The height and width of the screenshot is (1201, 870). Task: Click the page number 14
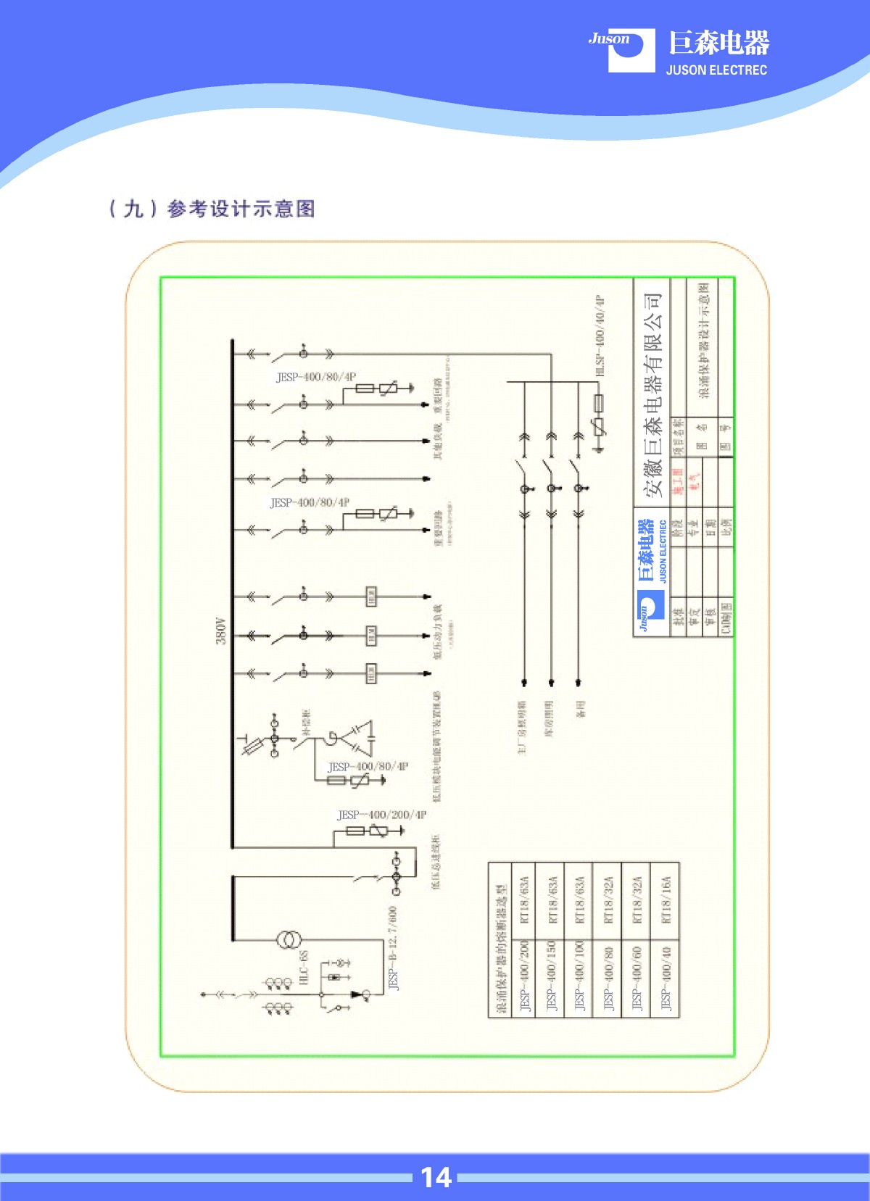436,1177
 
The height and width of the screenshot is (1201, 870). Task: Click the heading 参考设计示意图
241,209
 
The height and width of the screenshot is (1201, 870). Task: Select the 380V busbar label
221,631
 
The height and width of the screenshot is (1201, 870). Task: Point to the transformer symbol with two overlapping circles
288,940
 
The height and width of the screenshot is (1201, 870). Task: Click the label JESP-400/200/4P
382,815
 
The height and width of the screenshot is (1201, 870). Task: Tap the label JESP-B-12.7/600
393,947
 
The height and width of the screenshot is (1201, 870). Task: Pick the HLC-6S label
304,967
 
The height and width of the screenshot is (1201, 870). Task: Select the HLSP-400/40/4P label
600,335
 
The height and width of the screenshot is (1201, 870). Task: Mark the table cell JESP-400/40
666,978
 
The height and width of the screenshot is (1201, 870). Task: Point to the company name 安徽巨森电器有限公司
652,395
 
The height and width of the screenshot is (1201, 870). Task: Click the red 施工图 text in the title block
678,481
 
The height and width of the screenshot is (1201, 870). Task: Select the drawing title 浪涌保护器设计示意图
704,341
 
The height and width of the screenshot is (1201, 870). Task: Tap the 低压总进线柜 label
436,862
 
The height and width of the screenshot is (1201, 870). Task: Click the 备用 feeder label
581,709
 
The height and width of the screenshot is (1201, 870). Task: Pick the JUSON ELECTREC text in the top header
716,70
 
